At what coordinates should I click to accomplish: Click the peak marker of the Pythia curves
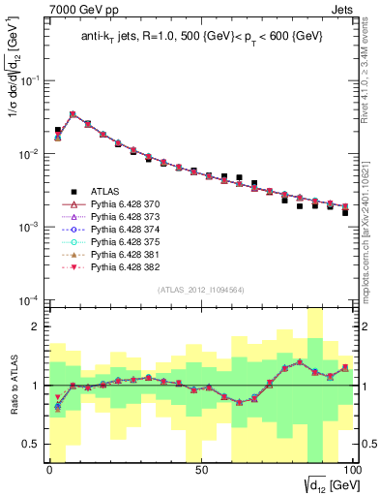click(73, 114)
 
